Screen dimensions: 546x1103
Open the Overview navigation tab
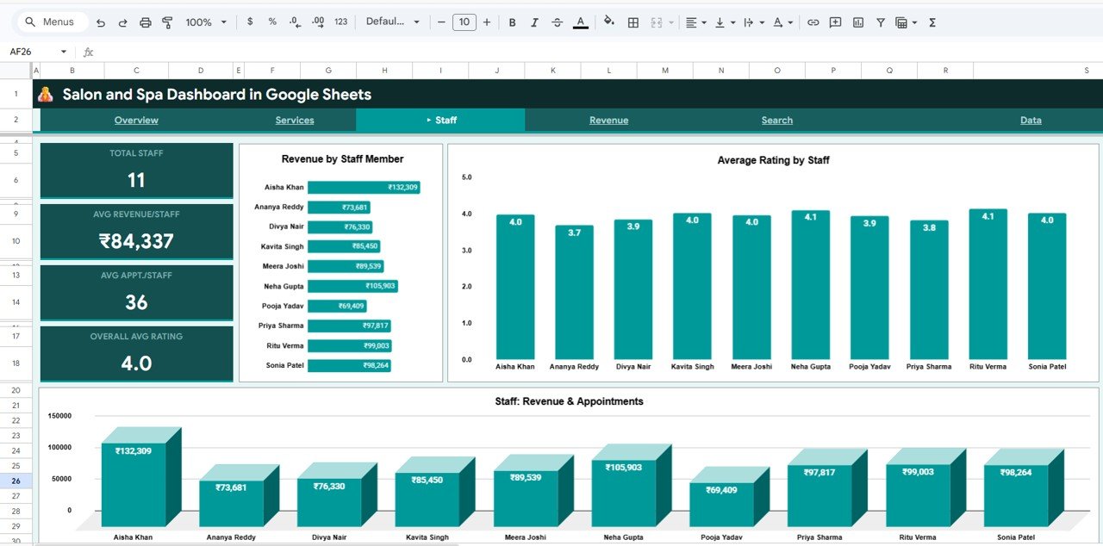(x=136, y=121)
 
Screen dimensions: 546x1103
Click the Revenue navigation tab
(x=608, y=121)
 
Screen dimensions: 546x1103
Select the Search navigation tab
(x=776, y=121)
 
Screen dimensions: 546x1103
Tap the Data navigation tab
(x=1031, y=121)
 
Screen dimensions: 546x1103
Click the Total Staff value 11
(x=136, y=180)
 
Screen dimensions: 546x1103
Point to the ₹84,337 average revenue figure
(x=136, y=241)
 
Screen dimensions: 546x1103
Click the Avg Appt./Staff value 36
(x=136, y=302)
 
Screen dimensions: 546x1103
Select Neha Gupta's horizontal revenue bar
(x=352, y=286)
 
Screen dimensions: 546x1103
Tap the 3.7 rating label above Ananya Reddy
(x=574, y=233)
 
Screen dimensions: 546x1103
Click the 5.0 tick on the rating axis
(x=467, y=177)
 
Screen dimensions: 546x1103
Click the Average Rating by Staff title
(x=773, y=160)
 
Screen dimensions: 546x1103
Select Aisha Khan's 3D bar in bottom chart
(x=134, y=482)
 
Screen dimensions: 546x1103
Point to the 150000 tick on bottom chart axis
(x=59, y=416)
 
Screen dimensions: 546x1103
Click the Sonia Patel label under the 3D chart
(x=1017, y=537)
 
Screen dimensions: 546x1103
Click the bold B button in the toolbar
(x=512, y=22)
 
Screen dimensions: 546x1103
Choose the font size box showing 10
(x=464, y=22)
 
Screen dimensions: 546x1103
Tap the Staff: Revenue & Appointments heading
(x=569, y=401)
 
